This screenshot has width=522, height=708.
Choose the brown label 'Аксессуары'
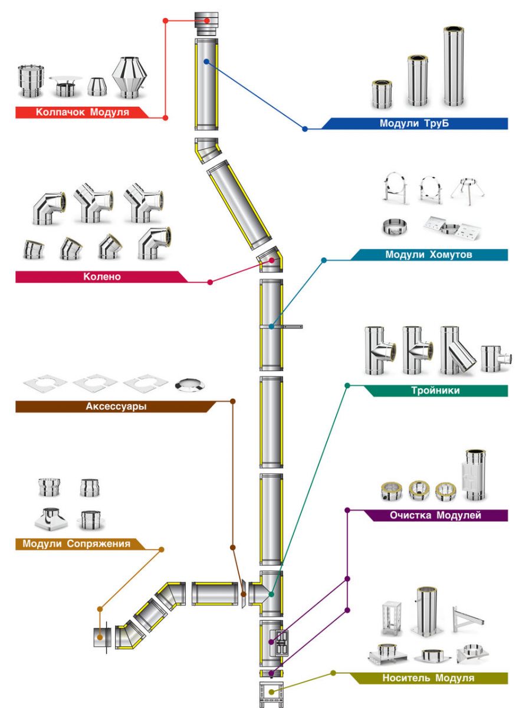116,406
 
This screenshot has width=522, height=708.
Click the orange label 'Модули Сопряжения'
76,543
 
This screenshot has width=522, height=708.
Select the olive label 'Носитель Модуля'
428,678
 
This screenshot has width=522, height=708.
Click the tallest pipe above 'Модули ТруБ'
454,66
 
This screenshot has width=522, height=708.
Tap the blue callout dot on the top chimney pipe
206,61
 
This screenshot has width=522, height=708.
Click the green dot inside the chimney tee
271,594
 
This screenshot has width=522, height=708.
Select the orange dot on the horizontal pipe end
101,637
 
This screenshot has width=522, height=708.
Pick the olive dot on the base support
271,691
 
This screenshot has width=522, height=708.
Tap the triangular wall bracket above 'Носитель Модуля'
468,618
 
